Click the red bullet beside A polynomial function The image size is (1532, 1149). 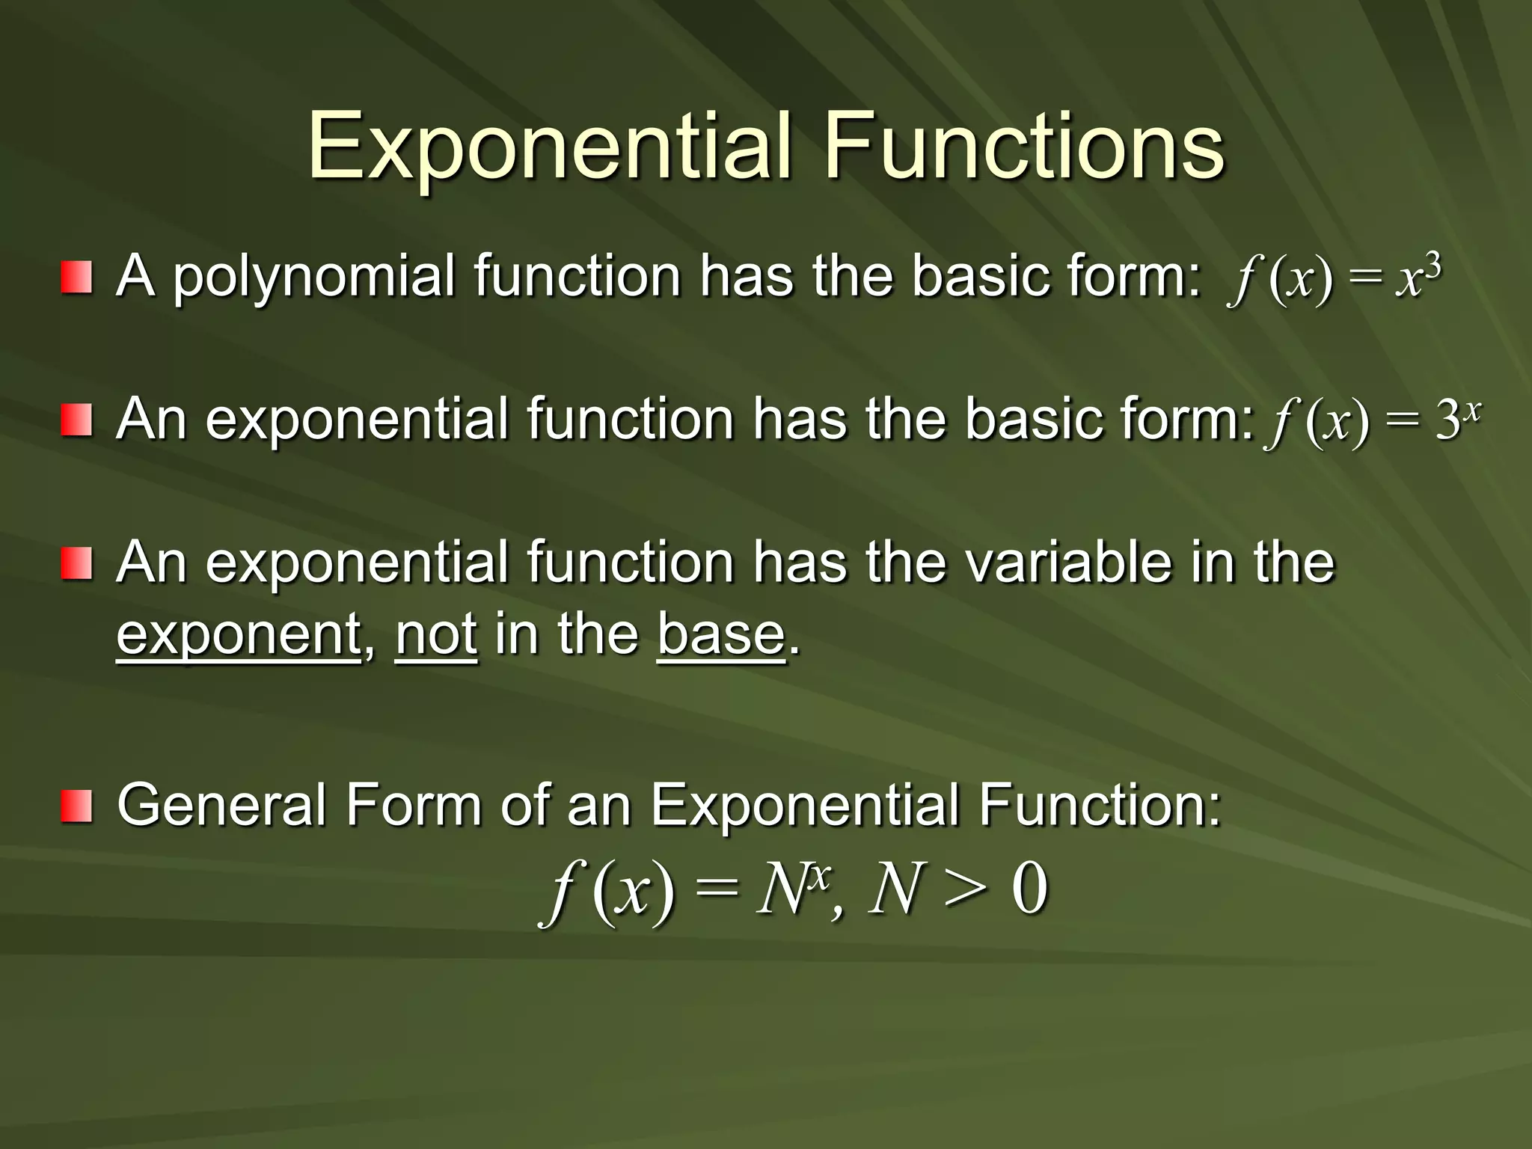[x=76, y=277]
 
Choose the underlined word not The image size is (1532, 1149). [x=435, y=634]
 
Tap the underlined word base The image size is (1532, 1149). [x=721, y=634]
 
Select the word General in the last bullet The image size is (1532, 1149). [x=221, y=806]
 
